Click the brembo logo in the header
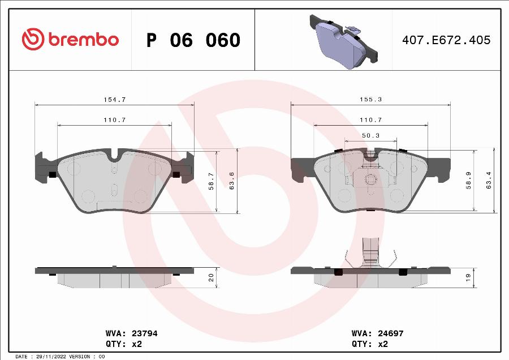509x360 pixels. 70,40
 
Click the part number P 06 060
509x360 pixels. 193,41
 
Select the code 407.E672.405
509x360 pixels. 446,40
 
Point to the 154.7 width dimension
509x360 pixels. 114,99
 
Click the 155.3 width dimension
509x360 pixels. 370,99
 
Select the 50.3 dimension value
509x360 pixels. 370,135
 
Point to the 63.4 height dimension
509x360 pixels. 489,181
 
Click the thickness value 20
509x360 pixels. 212,277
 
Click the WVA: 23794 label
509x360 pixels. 131,333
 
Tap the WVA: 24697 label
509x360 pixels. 377,333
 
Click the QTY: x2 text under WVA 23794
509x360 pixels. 124,344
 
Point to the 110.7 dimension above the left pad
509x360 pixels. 114,120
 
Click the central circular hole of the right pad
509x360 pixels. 370,181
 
